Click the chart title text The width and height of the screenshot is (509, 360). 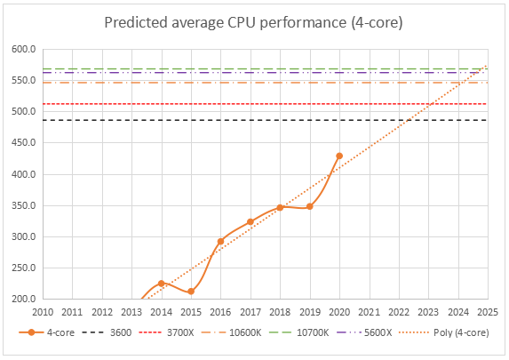[x=253, y=23]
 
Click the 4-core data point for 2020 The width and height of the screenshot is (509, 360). [x=339, y=156]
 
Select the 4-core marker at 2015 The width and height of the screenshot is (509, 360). [x=191, y=292]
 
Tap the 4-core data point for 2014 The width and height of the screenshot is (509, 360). [x=162, y=284]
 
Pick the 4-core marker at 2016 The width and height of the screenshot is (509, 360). [x=220, y=242]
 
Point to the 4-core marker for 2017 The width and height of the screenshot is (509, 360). [x=251, y=222]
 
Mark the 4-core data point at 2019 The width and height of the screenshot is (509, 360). [x=310, y=206]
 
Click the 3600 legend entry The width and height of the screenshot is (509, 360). [x=107, y=332]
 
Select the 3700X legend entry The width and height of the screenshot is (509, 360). [x=166, y=332]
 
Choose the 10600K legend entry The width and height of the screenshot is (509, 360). [x=231, y=332]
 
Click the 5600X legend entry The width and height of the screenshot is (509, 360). [x=364, y=332]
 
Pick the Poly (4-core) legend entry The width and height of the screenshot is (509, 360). [x=444, y=332]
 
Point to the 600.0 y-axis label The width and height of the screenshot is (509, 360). [x=24, y=49]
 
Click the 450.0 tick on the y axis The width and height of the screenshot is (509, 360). [x=24, y=142]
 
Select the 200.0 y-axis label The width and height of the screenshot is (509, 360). [x=24, y=299]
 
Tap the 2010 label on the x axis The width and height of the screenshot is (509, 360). [x=43, y=312]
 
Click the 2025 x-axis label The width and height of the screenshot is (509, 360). [x=488, y=312]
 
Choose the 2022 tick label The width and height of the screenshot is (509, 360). [x=399, y=312]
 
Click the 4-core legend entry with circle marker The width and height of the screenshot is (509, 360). [x=47, y=332]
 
